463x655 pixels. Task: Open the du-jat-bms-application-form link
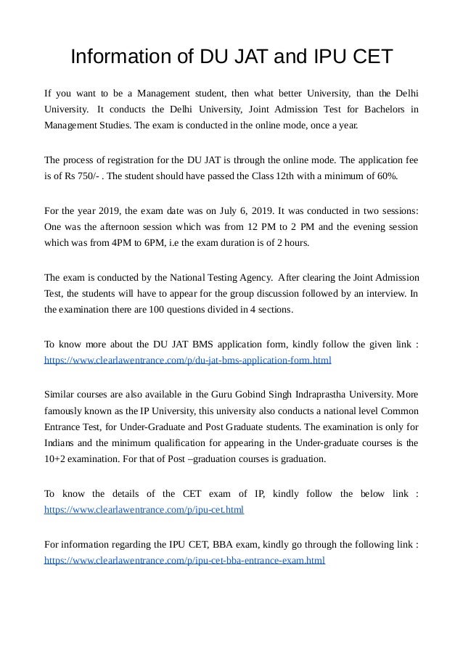(188, 360)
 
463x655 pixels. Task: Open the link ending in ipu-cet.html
(144, 510)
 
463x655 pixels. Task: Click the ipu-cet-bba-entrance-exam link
(185, 561)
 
